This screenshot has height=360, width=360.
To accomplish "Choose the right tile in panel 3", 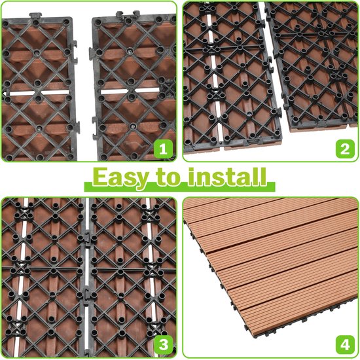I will click(131, 275).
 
